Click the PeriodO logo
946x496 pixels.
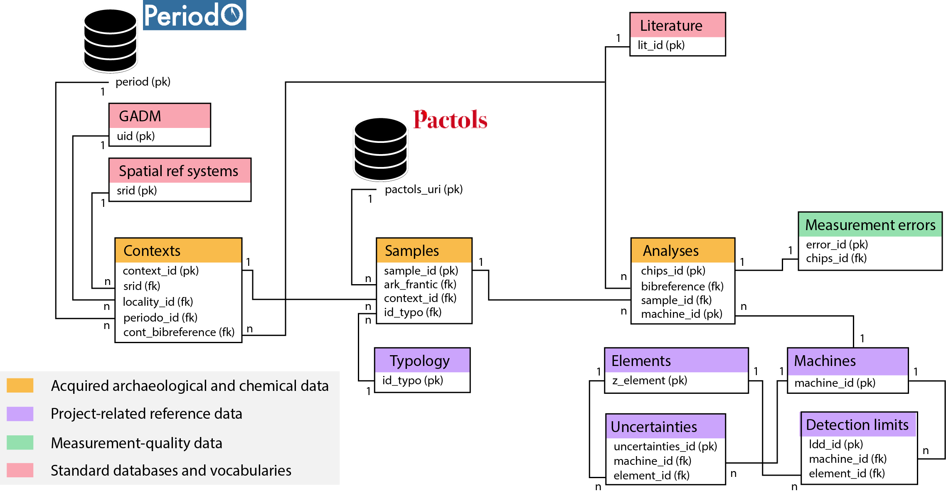[x=194, y=15]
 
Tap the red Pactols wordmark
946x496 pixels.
[x=450, y=120]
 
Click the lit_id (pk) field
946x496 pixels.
[x=661, y=45]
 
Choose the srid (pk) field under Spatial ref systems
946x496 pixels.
[x=137, y=191]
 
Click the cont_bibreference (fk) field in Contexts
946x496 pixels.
[x=179, y=332]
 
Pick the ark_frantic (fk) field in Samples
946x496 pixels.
[x=420, y=285]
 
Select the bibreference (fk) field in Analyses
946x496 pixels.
[x=682, y=286]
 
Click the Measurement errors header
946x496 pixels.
[x=870, y=225]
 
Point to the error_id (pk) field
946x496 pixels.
[x=836, y=245]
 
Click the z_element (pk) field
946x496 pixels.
[x=649, y=381]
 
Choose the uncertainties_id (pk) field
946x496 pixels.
[x=665, y=447]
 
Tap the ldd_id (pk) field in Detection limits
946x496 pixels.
[x=835, y=444]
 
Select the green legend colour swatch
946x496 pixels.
[x=20, y=442]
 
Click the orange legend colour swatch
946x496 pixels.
[x=20, y=386]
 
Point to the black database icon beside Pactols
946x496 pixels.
[x=380, y=150]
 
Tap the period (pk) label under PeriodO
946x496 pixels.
[x=143, y=82]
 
